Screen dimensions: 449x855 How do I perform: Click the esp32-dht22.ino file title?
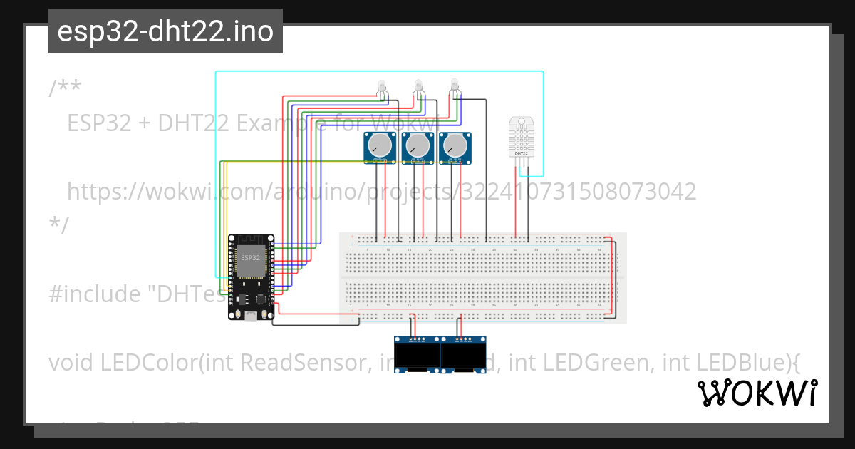(x=165, y=31)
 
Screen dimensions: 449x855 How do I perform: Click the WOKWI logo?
(x=757, y=393)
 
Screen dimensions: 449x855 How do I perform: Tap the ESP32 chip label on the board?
(x=250, y=257)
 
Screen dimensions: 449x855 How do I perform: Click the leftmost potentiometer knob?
(x=381, y=147)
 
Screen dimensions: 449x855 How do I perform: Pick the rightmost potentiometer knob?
(x=455, y=147)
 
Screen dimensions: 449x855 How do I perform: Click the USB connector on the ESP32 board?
(x=250, y=316)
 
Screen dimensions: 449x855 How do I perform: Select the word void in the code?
(x=71, y=363)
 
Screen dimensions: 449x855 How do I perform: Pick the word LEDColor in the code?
(x=146, y=363)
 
